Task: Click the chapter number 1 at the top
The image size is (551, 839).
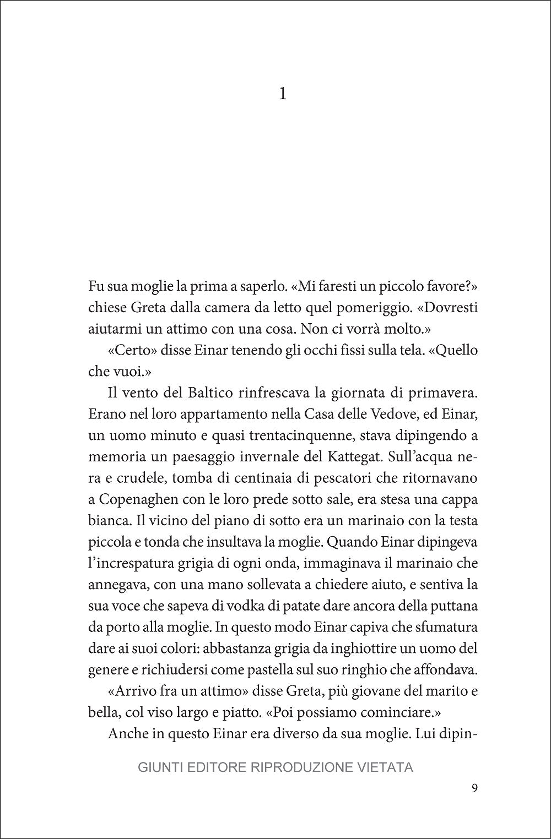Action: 283,95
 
